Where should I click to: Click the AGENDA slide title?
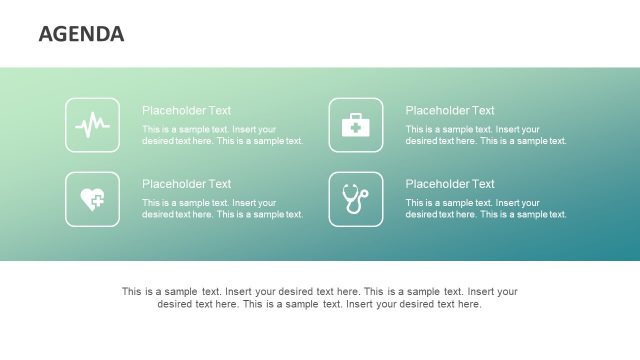tap(81, 34)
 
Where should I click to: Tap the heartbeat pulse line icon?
tap(92, 125)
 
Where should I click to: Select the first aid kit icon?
tap(356, 125)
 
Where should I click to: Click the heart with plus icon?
tap(92, 198)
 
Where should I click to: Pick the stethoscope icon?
tap(355, 198)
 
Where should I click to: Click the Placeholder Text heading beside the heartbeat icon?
tap(186, 111)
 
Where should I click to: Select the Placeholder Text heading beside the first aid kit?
tap(450, 111)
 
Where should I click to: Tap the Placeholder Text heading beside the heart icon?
tap(186, 184)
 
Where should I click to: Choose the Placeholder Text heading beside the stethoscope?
tap(450, 184)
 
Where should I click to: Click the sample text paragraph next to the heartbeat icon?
tap(222, 135)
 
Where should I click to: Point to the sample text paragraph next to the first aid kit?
tap(486, 135)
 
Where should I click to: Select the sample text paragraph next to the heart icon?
tap(222, 208)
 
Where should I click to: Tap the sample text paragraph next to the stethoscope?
tap(486, 208)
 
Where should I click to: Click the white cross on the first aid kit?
tap(356, 128)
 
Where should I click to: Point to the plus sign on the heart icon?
tap(97, 203)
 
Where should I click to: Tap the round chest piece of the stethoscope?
tap(364, 192)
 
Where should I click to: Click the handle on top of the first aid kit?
tap(356, 116)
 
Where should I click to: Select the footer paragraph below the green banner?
tap(320, 298)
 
